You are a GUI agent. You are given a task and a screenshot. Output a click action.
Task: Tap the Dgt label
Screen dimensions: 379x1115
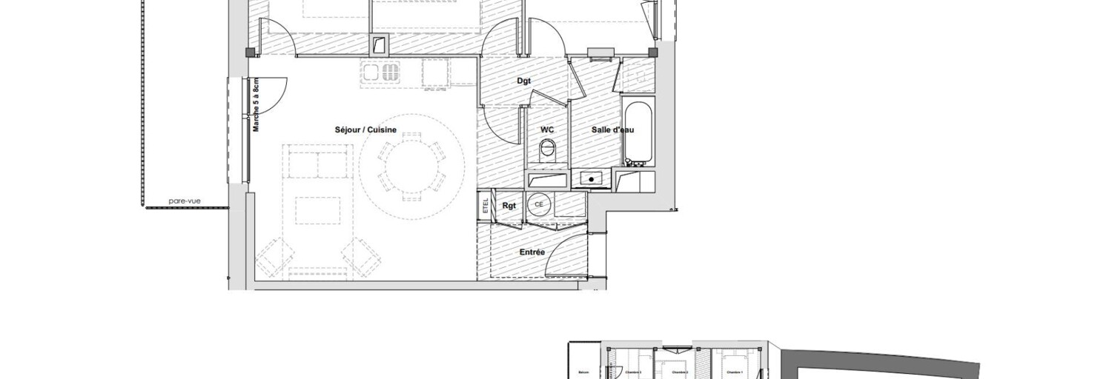coord(524,81)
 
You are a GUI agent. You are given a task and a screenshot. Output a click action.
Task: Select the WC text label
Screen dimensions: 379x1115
coord(547,130)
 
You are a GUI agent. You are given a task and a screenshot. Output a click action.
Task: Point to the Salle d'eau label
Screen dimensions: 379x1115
coord(612,130)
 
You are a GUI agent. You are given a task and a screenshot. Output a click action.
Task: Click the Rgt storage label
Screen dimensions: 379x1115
coord(509,207)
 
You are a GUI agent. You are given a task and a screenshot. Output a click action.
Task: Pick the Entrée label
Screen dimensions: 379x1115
coord(532,252)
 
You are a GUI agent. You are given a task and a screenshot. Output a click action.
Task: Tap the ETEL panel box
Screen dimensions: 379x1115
coord(486,206)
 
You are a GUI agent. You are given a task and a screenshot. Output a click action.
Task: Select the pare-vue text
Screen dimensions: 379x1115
coord(185,200)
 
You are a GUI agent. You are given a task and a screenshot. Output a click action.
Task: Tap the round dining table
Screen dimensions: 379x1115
coord(411,166)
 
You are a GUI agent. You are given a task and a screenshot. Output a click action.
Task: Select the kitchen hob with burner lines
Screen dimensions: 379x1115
coord(380,73)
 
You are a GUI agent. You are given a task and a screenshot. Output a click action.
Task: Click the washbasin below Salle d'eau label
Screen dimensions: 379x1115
coord(591,178)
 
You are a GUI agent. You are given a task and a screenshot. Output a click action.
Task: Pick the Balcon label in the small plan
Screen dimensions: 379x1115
coord(583,372)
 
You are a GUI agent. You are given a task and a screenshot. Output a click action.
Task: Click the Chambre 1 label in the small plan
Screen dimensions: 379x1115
coord(734,372)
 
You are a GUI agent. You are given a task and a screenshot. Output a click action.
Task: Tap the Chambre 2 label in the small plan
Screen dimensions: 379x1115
coord(679,372)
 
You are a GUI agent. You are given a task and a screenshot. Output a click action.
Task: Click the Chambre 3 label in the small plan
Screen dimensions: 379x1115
coord(632,372)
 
